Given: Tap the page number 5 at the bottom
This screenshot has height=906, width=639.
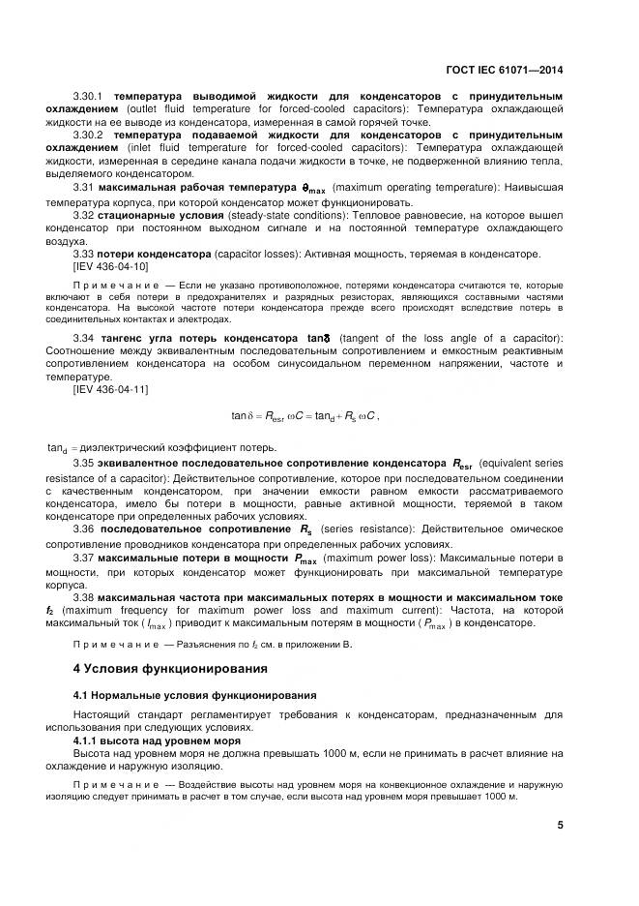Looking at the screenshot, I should [x=561, y=825].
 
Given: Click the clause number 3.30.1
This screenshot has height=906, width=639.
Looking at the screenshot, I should [x=92, y=98].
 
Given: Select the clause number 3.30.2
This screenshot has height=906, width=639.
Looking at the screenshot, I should [x=92, y=136].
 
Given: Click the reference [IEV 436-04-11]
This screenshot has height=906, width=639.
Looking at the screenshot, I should [x=110, y=388].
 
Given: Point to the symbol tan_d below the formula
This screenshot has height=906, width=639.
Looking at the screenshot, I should [x=58, y=447].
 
